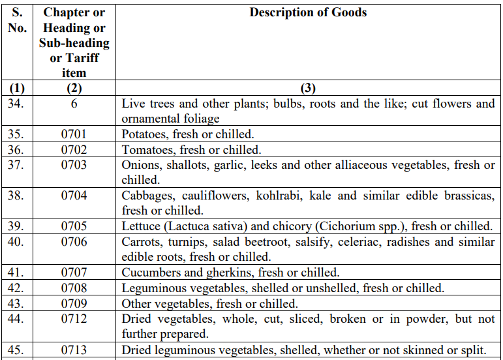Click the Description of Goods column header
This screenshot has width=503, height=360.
tap(308, 12)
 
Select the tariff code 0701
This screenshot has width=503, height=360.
tap(74, 134)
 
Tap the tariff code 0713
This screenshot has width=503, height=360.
tap(74, 350)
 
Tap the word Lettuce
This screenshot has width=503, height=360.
tap(140, 226)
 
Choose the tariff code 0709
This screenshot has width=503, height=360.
tap(74, 303)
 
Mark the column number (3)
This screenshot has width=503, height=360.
tap(308, 88)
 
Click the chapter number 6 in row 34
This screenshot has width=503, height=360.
tap(74, 104)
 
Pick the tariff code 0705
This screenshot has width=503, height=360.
tap(74, 226)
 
